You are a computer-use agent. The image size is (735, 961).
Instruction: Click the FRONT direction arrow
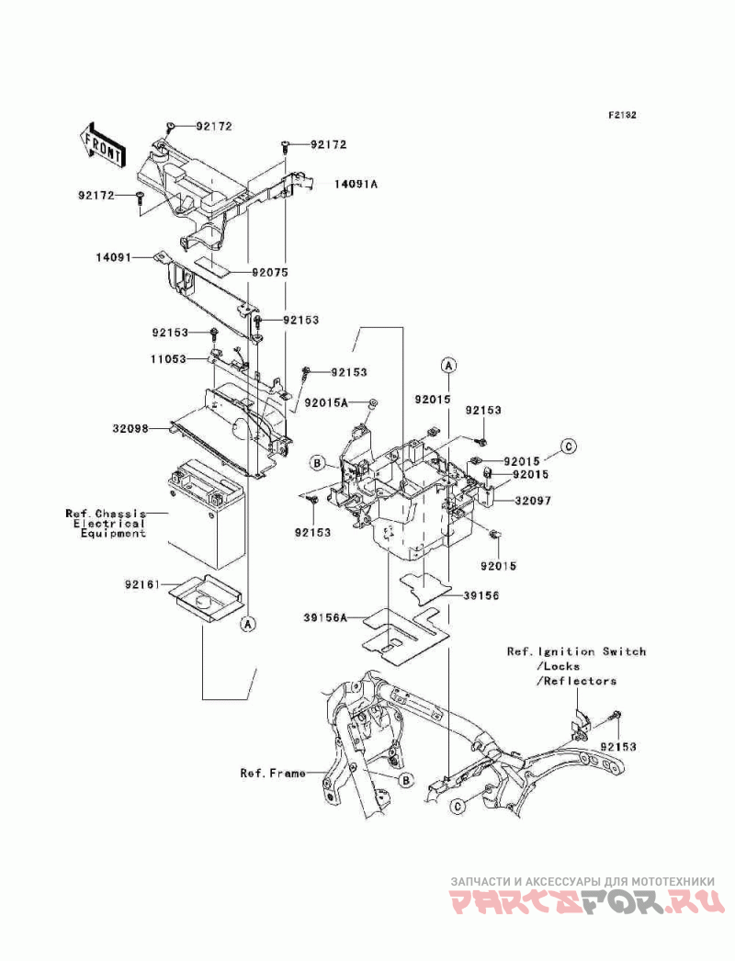102,145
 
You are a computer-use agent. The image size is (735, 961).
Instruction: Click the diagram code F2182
622,115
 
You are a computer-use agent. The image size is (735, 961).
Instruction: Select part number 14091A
356,183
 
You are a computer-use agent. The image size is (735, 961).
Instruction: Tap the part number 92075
269,272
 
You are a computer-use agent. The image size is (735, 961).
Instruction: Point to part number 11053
168,359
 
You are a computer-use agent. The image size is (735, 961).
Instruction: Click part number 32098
130,429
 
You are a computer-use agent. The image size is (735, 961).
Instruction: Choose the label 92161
142,585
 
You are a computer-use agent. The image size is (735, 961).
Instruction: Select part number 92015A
326,402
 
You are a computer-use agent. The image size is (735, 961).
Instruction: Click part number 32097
533,501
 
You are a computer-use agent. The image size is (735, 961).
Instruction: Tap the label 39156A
325,617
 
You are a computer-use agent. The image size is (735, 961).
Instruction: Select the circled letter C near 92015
569,447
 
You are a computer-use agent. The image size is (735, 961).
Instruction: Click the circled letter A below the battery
248,624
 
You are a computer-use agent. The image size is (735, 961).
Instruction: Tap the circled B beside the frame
405,780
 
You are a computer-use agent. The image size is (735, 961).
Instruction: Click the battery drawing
206,514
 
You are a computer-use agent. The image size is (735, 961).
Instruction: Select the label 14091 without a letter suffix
114,258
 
